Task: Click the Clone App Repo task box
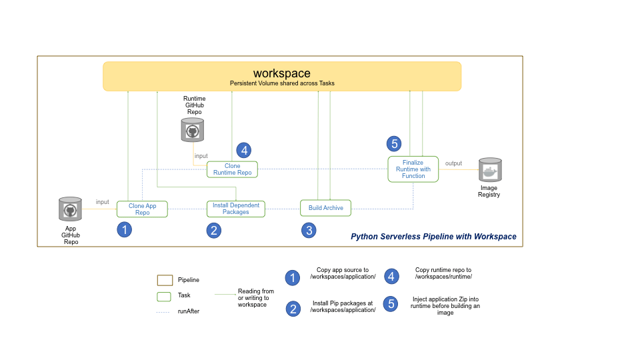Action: pyautogui.click(x=142, y=209)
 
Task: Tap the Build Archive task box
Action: pyautogui.click(x=325, y=208)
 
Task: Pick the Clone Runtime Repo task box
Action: pyautogui.click(x=232, y=169)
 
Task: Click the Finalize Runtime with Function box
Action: pyautogui.click(x=413, y=169)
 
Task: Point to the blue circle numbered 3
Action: pyautogui.click(x=308, y=231)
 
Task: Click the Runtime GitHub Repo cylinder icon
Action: pyautogui.click(x=193, y=130)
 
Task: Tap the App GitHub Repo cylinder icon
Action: pyautogui.click(x=70, y=210)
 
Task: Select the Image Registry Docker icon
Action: pyautogui.click(x=489, y=171)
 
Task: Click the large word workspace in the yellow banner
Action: pyautogui.click(x=281, y=73)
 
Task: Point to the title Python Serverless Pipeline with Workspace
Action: pyautogui.click(x=433, y=237)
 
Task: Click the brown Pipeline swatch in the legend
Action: pyautogui.click(x=164, y=280)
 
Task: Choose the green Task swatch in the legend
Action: pyautogui.click(x=164, y=296)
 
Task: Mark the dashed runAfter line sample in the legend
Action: pyautogui.click(x=164, y=311)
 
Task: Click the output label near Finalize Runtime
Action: pyautogui.click(x=453, y=163)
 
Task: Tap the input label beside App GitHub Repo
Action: pyautogui.click(x=102, y=202)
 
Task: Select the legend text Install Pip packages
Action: pyautogui.click(x=343, y=307)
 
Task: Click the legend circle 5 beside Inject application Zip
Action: pyautogui.click(x=391, y=304)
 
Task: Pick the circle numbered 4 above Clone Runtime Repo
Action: pyautogui.click(x=244, y=150)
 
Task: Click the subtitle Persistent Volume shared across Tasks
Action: pyautogui.click(x=282, y=83)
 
